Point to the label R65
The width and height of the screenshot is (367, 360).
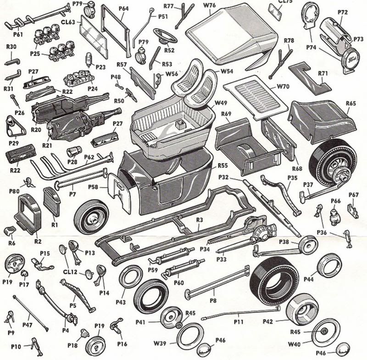point(351,104)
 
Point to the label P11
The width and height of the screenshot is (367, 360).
point(238,322)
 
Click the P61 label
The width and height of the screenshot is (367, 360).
point(18,34)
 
